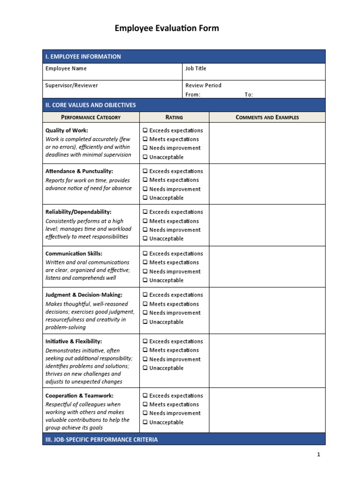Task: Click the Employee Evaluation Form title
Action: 166,29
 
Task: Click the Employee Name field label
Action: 66,68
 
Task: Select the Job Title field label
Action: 195,68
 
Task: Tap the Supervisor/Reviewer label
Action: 71,85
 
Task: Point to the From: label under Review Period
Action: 193,95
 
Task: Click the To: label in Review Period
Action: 248,95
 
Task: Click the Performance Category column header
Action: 91,117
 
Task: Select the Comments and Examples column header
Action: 267,117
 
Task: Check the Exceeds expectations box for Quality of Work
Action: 145,130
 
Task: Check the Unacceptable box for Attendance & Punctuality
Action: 145,198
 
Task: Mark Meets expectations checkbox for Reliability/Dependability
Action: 145,221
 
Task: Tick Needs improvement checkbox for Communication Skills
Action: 145,271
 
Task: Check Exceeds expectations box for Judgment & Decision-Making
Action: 145,295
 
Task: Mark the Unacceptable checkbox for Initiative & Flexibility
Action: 145,368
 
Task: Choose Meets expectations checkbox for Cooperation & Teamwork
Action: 145,405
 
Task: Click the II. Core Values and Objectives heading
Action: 90,105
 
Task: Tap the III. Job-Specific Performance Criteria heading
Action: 101,440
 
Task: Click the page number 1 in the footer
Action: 318,454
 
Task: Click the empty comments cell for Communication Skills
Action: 267,267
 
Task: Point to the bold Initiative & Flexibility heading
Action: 74,341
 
